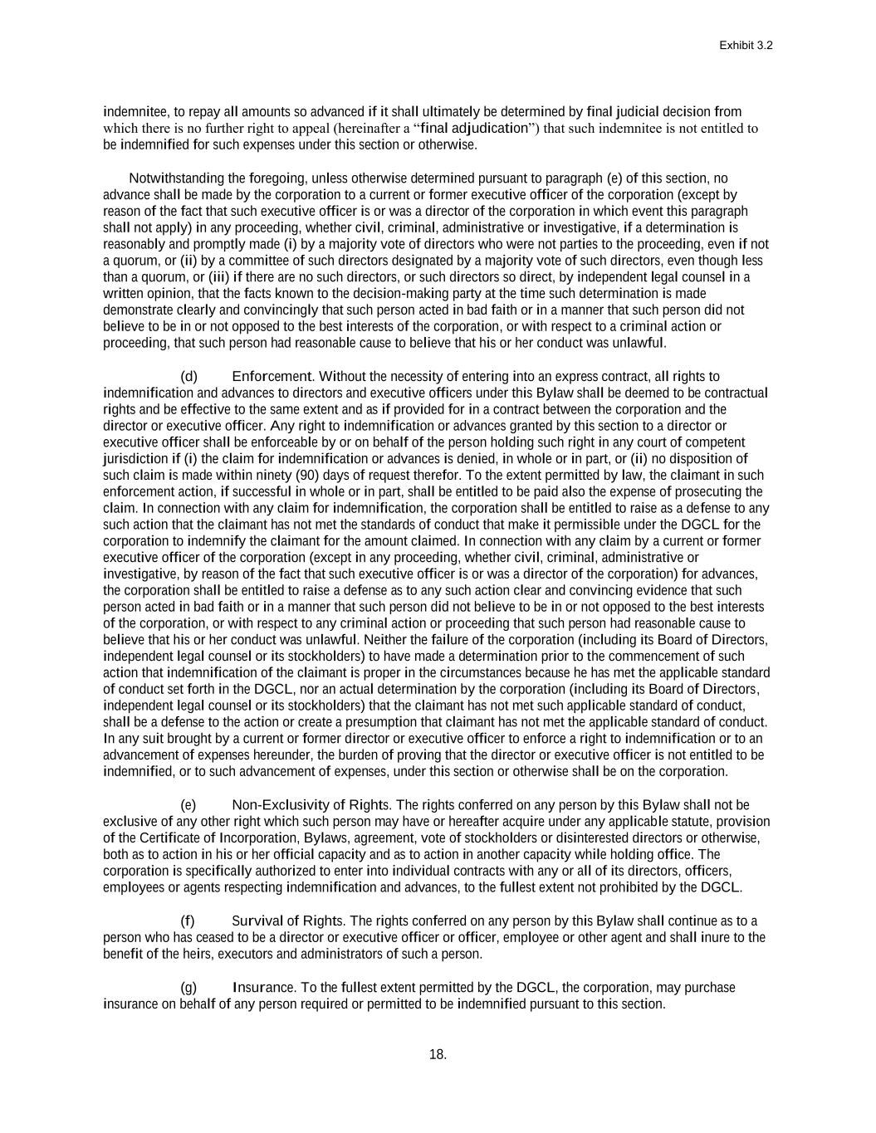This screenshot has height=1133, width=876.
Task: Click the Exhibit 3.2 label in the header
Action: (x=746, y=46)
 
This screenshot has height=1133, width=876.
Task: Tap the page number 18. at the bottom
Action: (x=438, y=1055)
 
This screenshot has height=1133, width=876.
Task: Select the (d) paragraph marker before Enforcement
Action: (x=189, y=377)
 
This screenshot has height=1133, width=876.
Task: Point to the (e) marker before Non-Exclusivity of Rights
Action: (x=189, y=805)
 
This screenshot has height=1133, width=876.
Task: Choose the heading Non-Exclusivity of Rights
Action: (x=311, y=805)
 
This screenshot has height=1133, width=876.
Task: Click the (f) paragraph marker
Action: (x=188, y=921)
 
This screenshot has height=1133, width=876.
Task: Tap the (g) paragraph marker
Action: (x=189, y=988)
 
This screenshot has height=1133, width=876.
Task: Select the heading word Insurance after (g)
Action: (x=264, y=988)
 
